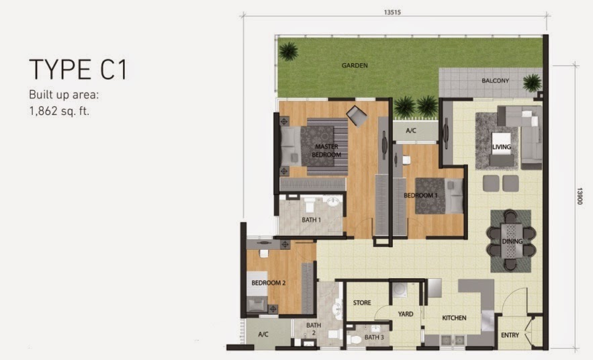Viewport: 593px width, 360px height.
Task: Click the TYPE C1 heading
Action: tap(79, 70)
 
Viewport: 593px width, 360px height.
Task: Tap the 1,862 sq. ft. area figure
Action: tap(59, 111)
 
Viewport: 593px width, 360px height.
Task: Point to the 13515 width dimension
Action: tap(392, 12)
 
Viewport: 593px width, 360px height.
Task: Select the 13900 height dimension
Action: tap(580, 196)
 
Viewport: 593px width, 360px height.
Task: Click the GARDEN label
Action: tap(355, 65)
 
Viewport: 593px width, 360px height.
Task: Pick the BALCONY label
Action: tap(495, 81)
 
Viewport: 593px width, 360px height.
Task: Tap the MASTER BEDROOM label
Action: tap(326, 150)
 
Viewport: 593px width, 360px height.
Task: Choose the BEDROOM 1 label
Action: tap(420, 195)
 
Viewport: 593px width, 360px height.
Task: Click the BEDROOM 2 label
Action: tap(269, 283)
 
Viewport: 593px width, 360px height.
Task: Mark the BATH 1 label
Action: tap(311, 220)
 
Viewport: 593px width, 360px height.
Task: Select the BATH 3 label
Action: tap(374, 337)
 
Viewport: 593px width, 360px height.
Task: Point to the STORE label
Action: tap(362, 302)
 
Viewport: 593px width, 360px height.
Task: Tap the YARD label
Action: tap(406, 314)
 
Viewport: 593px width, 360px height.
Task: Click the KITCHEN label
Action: tap(454, 318)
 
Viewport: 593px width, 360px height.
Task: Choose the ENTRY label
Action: tap(510, 335)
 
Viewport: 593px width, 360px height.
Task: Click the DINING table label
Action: tap(512, 241)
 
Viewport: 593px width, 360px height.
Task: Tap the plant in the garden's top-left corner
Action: tap(289, 51)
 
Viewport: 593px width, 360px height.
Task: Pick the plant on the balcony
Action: tap(532, 83)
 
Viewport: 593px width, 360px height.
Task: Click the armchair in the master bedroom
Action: tap(357, 116)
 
